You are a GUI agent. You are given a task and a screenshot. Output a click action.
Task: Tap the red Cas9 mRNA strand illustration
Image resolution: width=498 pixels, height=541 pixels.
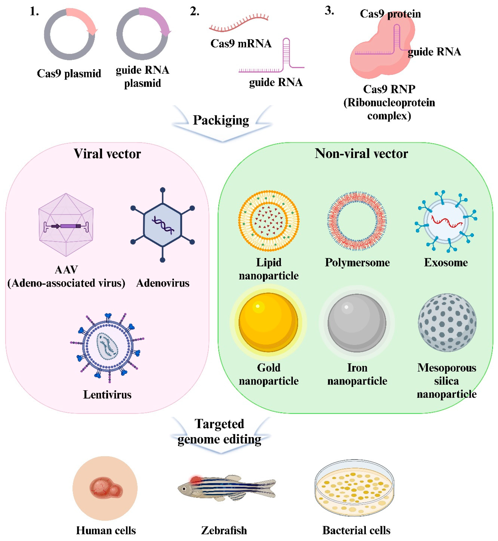(238, 23)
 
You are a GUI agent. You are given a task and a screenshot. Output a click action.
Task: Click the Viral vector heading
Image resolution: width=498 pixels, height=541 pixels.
(107, 154)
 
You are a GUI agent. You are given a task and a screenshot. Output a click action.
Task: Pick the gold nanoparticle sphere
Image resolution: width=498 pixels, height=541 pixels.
(268, 322)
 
